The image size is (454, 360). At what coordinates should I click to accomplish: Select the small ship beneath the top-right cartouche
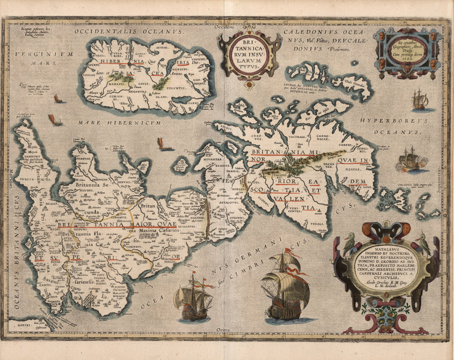(x=420, y=100)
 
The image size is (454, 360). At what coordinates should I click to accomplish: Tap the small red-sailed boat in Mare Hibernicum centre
(x=161, y=143)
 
